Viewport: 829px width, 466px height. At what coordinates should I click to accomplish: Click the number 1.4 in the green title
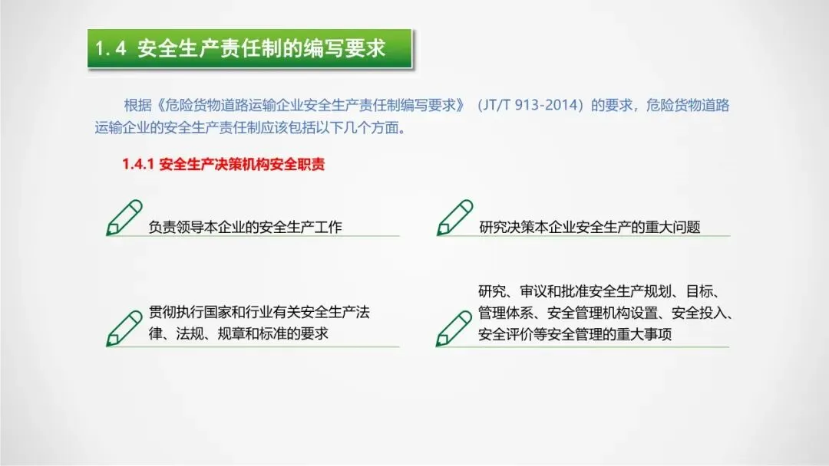click(x=111, y=48)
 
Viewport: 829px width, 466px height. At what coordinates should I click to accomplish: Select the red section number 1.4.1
click(x=138, y=164)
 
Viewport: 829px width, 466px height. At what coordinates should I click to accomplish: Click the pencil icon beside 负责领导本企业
click(x=124, y=218)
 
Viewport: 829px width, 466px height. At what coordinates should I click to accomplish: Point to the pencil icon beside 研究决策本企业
click(x=454, y=218)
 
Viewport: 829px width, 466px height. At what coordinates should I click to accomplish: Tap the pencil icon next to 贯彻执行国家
click(x=124, y=328)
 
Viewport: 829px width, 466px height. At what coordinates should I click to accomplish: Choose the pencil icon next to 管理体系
click(x=454, y=328)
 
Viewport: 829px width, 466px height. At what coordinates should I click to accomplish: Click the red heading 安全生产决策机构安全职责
click(x=242, y=164)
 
